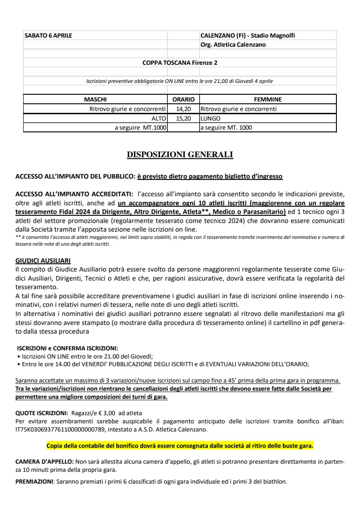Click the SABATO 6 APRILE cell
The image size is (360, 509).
tap(48, 35)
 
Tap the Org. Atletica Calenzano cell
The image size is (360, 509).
tap(233, 44)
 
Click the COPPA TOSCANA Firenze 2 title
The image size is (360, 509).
tap(180, 63)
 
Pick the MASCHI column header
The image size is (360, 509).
tap(95, 99)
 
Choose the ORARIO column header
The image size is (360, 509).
tap(184, 99)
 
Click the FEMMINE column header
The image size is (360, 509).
tap(268, 99)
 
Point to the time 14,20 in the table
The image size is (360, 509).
tap(184, 109)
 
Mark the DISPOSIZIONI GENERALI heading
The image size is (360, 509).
tap(180, 155)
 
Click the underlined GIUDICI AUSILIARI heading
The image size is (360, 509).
tap(43, 261)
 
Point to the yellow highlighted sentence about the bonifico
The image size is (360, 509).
tap(180, 446)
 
